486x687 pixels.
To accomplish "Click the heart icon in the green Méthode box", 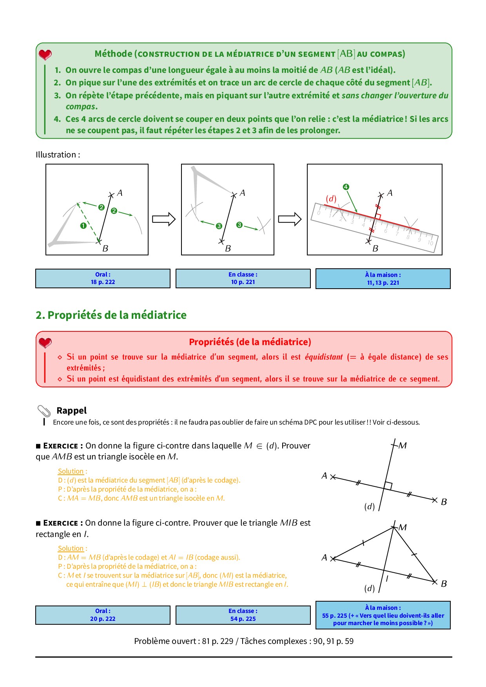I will tap(45, 54).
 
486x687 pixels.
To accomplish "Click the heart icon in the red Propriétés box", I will tap(45, 343).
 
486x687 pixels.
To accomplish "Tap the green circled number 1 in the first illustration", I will tap(83, 226).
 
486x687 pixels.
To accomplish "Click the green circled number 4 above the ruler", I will tap(346, 187).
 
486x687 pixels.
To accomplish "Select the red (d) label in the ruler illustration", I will tap(331, 199).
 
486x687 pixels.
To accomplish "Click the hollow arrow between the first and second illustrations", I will tap(163, 219).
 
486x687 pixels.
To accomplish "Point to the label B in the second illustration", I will tap(228, 248).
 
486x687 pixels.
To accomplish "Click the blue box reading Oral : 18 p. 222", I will tap(103, 278).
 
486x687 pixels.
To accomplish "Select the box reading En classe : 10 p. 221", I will tap(243, 278).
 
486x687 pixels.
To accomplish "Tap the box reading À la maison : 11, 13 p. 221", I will tap(383, 279).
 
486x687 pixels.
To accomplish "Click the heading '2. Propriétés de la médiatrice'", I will tap(111, 315).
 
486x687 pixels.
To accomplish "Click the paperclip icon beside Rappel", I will tap(44, 411).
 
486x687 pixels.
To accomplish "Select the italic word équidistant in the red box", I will tap(324, 357).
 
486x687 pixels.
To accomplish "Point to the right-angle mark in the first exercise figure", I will tap(388, 486).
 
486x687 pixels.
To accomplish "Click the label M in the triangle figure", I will tap(403, 527).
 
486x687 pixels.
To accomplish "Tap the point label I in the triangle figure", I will tap(387, 578).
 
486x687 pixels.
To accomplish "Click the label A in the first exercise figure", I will tap(324, 475).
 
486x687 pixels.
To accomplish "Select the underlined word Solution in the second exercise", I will tap(71, 548).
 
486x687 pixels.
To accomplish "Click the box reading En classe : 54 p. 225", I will tap(243, 615).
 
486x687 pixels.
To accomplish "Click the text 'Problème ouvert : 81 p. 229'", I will tap(183, 641).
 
